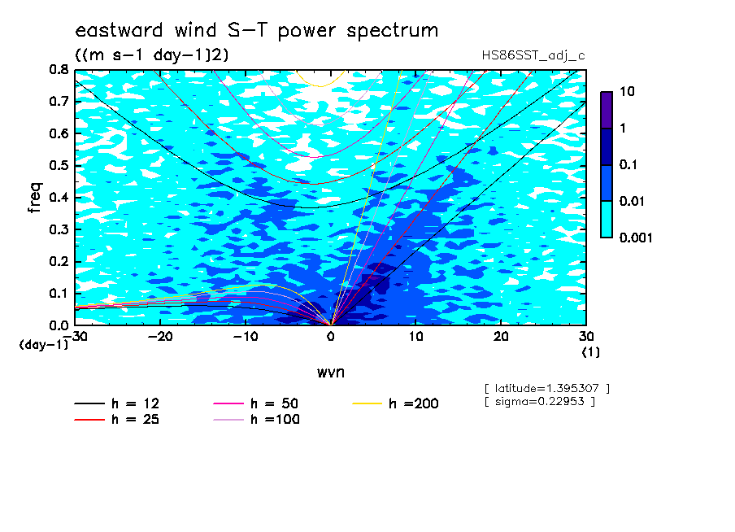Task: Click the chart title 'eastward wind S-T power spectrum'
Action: pos(256,30)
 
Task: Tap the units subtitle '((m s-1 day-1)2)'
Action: pos(152,55)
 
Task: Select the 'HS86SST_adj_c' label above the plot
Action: pos(533,56)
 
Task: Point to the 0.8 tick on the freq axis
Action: pos(59,70)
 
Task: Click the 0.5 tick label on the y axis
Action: pos(59,166)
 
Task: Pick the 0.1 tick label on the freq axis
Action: pos(59,293)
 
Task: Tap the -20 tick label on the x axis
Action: pos(160,337)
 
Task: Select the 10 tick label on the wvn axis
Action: pos(415,337)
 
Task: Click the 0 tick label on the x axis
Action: pos(330,337)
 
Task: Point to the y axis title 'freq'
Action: pos(35,198)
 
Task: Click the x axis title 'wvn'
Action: pos(330,373)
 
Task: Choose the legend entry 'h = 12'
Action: pos(117,403)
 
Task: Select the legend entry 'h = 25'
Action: pos(117,420)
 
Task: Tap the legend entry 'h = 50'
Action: pos(256,403)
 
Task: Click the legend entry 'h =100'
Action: pos(256,420)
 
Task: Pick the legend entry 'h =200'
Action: pos(396,403)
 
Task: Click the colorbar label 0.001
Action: pos(636,238)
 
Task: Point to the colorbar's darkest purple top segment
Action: pos(607,111)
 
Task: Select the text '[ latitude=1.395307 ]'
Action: pos(547,389)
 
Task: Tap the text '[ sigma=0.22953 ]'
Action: pos(540,402)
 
